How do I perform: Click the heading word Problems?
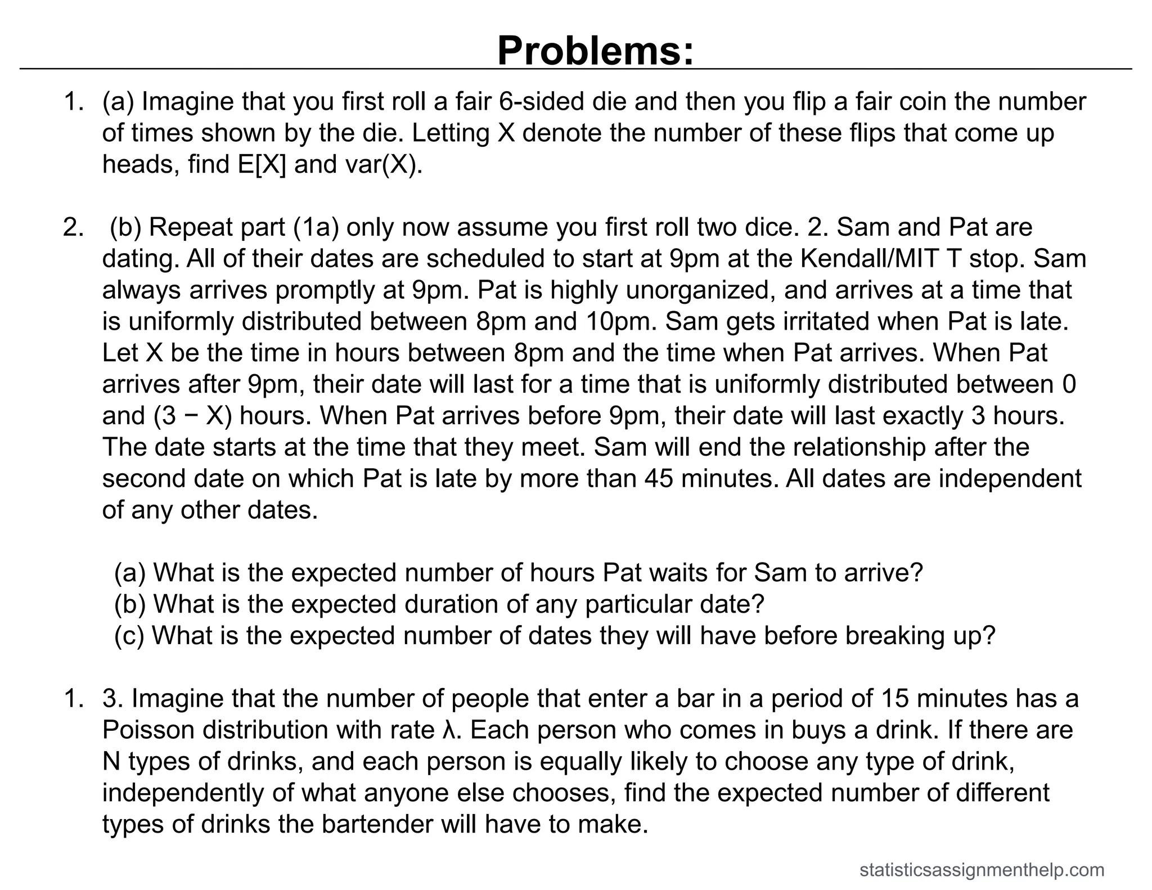pos(595,51)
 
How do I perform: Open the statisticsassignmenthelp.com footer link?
pos(982,870)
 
